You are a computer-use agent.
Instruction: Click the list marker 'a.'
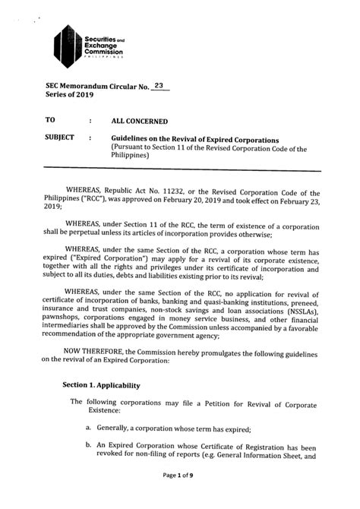(89, 429)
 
